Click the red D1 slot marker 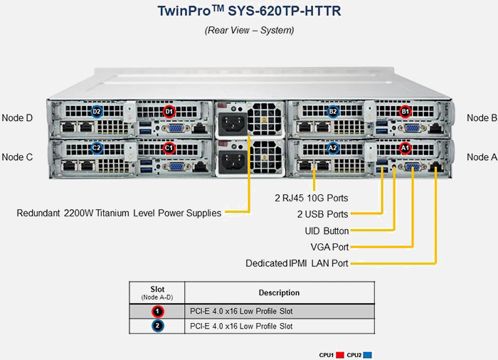pos(169,112)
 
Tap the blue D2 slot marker pos(97,112)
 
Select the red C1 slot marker pos(169,148)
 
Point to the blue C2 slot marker pos(97,148)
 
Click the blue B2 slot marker pos(333,112)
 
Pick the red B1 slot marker pos(405,112)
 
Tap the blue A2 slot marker pos(333,148)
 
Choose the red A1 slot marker pos(405,148)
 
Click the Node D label pos(18,117)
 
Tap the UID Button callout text pos(327,231)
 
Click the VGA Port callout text pos(329,247)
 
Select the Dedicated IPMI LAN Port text pos(297,263)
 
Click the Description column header pos(278,292)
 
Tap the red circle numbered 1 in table pos(158,311)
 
